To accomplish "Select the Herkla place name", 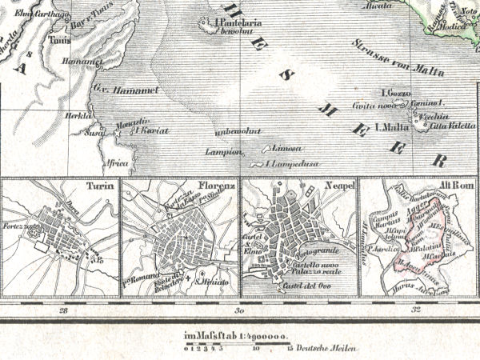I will coord(76,114).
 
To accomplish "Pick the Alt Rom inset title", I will coord(461,185).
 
